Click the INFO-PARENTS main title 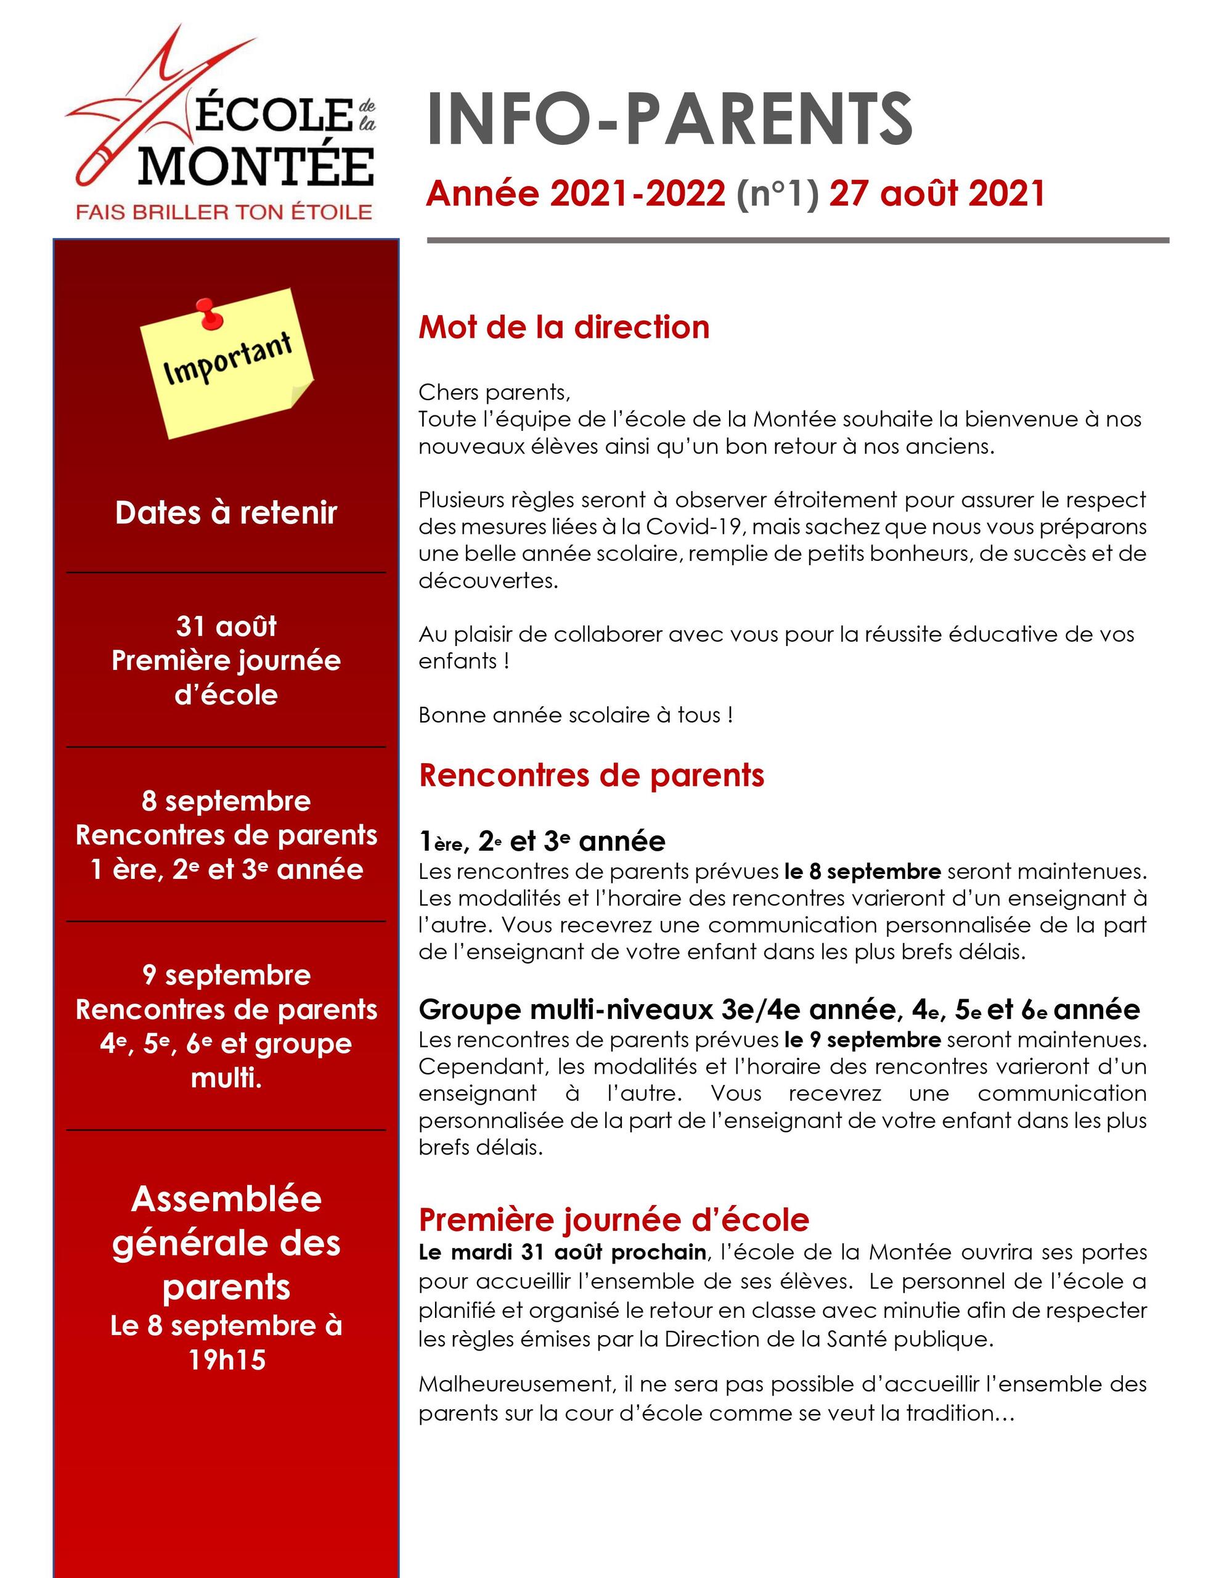click(669, 119)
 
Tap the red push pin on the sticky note click(209, 314)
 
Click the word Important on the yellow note click(227, 359)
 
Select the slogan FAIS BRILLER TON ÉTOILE click(224, 211)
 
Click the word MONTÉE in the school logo click(256, 167)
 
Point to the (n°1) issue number click(778, 194)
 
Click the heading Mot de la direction click(564, 327)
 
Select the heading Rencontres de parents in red click(591, 775)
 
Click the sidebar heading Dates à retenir click(226, 512)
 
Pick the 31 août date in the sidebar click(226, 626)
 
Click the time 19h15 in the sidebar click(226, 1360)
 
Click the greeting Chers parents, click(494, 392)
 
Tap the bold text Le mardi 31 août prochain click(561, 1252)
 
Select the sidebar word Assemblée click(226, 1200)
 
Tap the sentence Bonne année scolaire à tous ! click(576, 714)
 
